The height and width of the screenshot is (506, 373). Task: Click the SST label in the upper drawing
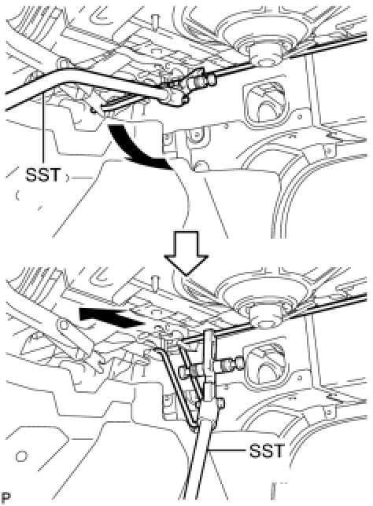pos(42,175)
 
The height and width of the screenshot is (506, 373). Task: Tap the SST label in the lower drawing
pos(267,450)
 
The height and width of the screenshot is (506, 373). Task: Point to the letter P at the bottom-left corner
pos(5,497)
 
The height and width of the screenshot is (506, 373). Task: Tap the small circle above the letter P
pos(21,456)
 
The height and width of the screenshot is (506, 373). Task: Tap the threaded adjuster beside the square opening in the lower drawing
pos(231,361)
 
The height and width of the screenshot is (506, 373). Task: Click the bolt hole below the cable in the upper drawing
pos(195,134)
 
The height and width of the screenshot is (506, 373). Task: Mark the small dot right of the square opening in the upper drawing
pos(300,116)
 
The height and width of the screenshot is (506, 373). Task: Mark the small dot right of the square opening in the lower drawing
pos(301,376)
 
